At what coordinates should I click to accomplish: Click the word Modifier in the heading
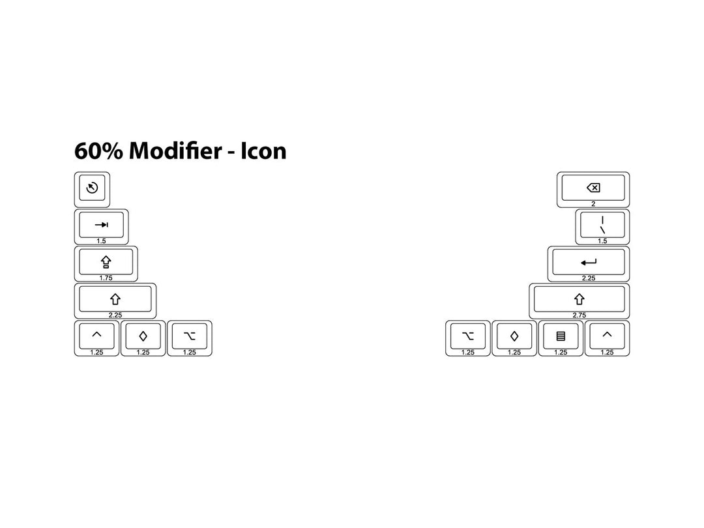[x=175, y=151]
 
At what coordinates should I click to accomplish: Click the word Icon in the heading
[x=263, y=151]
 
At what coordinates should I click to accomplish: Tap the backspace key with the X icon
[x=593, y=190]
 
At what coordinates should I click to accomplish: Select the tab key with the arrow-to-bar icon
[x=102, y=227]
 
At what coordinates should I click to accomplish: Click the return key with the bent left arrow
[x=589, y=264]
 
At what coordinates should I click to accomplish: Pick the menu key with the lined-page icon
[x=561, y=338]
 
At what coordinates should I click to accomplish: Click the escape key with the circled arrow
[x=92, y=190]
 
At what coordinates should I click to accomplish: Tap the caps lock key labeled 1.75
[x=106, y=264]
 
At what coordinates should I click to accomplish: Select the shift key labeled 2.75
[x=579, y=301]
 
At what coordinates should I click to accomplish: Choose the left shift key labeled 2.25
[x=115, y=301]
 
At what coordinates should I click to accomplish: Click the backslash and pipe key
[x=602, y=227]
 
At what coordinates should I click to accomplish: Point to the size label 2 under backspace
[x=593, y=204]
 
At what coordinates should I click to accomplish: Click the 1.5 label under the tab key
[x=102, y=241]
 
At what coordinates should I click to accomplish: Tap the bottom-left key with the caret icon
[x=96, y=338]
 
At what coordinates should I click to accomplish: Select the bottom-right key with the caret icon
[x=607, y=338]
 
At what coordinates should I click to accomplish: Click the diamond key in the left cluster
[x=143, y=338]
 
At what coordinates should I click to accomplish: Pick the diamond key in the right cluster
[x=514, y=338]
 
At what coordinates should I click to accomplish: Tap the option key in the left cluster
[x=190, y=338]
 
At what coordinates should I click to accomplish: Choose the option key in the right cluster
[x=468, y=338]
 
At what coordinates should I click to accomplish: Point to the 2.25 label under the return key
[x=589, y=278]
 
